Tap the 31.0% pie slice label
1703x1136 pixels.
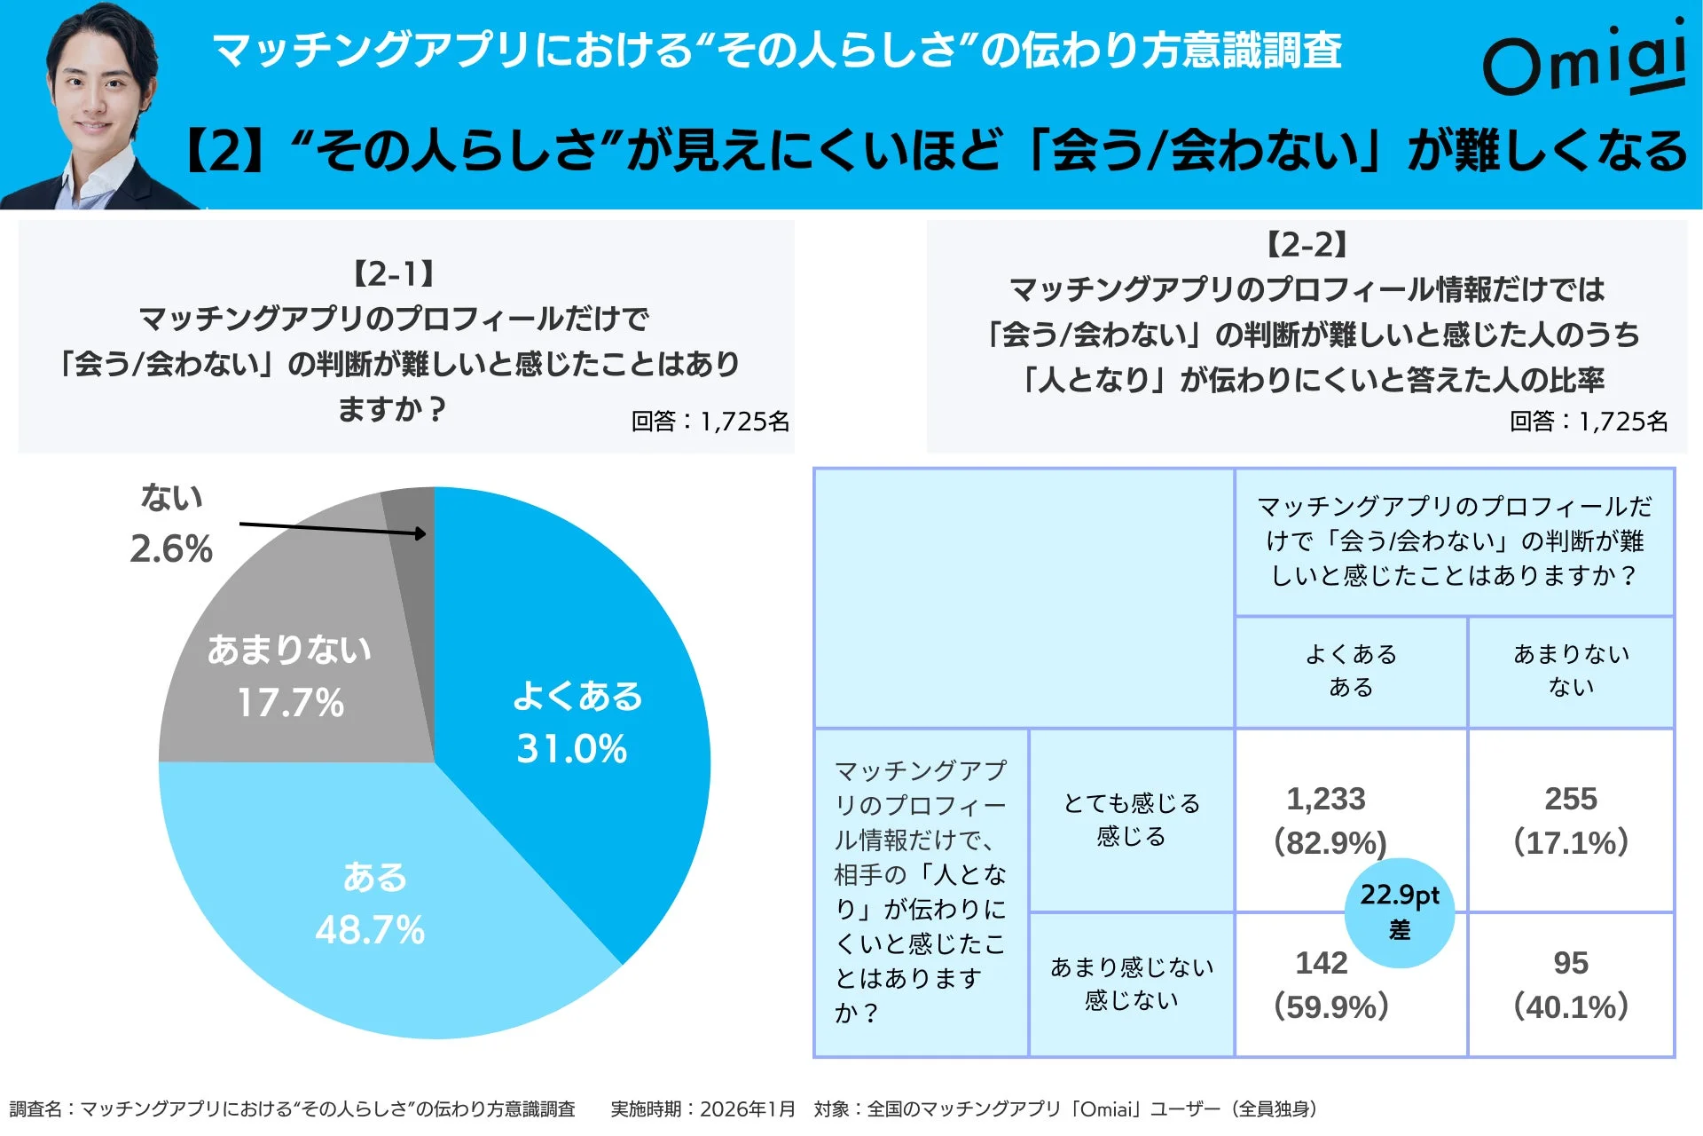point(572,748)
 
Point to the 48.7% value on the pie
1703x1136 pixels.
point(370,930)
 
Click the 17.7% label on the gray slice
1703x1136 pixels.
point(290,703)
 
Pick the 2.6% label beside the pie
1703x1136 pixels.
point(171,548)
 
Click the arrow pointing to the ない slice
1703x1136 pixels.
point(333,529)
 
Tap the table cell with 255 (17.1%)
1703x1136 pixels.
point(1570,820)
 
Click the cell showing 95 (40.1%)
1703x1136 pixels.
point(1570,985)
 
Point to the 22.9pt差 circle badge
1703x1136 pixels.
point(1399,911)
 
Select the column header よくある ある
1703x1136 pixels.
point(1350,671)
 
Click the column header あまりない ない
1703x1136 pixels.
point(1570,671)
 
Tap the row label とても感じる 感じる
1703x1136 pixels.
point(1131,819)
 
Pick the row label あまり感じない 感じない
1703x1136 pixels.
point(1131,983)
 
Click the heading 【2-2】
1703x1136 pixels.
point(1307,245)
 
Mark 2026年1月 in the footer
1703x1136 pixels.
point(747,1109)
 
